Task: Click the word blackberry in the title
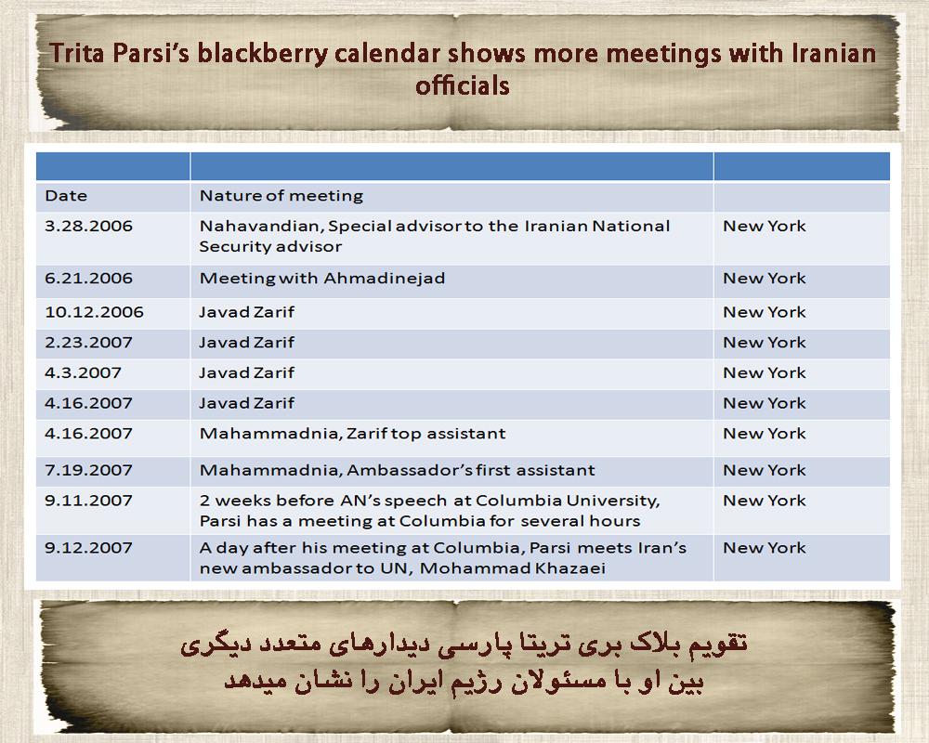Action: pos(263,53)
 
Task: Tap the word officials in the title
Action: pos(462,85)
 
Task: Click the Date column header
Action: pos(66,196)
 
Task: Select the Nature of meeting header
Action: pos(281,196)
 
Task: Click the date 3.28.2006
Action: pos(88,226)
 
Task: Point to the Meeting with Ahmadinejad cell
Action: pos(322,278)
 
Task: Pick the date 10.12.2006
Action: pos(94,312)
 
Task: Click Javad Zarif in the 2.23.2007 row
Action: pos(246,342)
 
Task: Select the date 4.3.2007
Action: pos(83,372)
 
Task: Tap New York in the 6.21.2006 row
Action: pos(765,278)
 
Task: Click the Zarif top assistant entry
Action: pos(426,433)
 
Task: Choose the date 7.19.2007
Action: pos(88,470)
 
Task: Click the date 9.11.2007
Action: pos(88,500)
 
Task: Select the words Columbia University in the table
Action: pos(568,501)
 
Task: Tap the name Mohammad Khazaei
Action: pos(513,568)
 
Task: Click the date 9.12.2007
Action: pos(88,547)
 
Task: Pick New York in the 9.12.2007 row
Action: pos(765,547)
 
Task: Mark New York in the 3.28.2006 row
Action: pos(765,226)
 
